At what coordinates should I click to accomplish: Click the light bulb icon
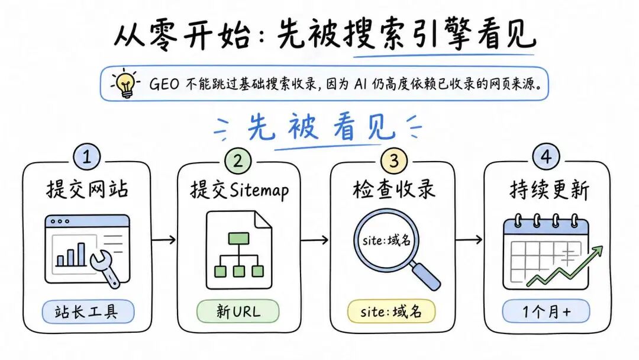126,84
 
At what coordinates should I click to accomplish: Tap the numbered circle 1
87,157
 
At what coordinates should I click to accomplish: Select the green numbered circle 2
238,160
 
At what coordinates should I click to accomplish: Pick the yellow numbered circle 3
393,160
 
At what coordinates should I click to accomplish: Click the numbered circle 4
546,157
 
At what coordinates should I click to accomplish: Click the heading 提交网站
87,189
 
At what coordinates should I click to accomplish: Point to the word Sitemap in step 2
259,191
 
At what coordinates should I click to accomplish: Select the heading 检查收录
393,189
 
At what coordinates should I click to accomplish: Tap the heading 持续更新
549,189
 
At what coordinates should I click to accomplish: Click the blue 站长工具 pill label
88,312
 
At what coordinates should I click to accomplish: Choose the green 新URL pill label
238,312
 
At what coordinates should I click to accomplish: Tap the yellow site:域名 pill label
391,312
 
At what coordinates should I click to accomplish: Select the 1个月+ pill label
546,311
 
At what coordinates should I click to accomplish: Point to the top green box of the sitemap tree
238,238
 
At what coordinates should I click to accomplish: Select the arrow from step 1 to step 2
163,239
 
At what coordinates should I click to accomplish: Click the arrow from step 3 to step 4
469,239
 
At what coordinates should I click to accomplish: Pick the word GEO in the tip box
164,84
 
